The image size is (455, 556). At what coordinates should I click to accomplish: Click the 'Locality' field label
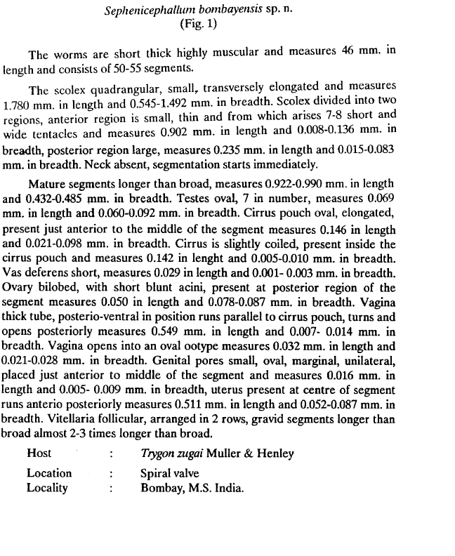point(47,487)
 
